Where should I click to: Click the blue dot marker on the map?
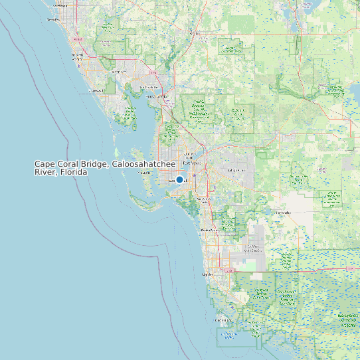(x=179, y=179)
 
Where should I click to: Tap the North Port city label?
(x=120, y=72)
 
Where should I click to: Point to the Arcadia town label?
(x=195, y=32)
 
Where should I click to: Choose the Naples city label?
(x=207, y=274)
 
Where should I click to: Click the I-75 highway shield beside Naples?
(x=230, y=270)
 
